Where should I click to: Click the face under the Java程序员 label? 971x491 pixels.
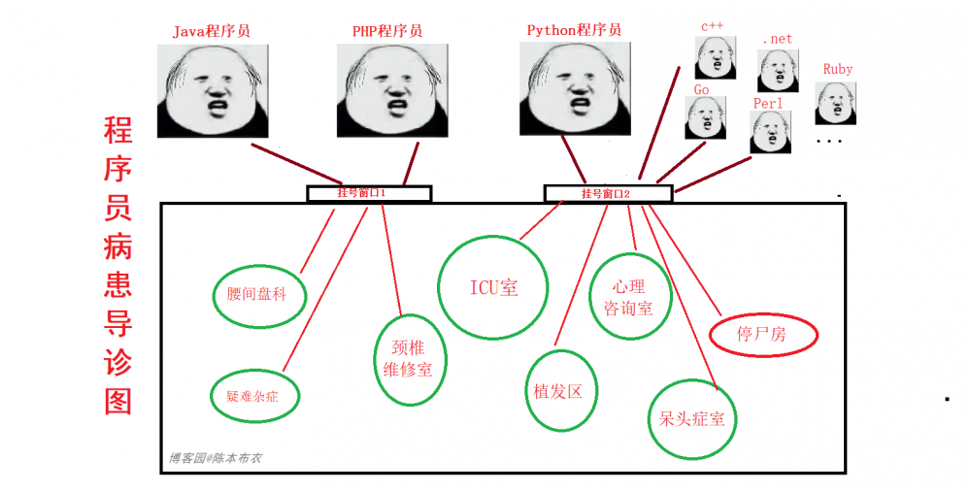[x=213, y=90]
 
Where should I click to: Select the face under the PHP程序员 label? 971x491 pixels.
[x=392, y=90]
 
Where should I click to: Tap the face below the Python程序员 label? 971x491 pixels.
[x=575, y=88]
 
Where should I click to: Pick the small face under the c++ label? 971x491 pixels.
[x=716, y=57]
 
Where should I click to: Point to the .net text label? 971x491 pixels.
[x=778, y=39]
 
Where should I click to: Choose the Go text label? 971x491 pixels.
[x=702, y=90]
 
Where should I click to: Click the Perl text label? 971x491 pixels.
[x=768, y=104]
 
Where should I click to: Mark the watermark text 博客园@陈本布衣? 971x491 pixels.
[x=216, y=459]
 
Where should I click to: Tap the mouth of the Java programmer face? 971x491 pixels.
[x=217, y=109]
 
